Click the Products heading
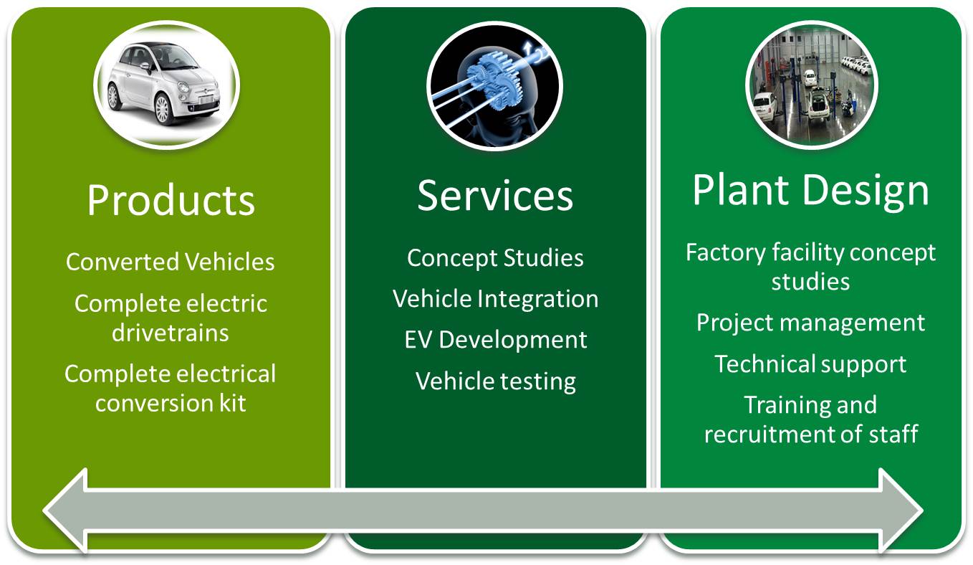pyautogui.click(x=171, y=200)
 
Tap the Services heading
pyautogui.click(x=495, y=196)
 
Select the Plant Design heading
pyautogui.click(x=810, y=191)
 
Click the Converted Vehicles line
pyautogui.click(x=171, y=262)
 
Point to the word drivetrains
pyautogui.click(x=171, y=333)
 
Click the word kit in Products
pyautogui.click(x=233, y=404)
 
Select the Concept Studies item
pyautogui.click(x=495, y=258)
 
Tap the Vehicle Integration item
pyautogui.click(x=495, y=300)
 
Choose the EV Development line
pyautogui.click(x=496, y=340)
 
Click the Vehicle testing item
pyautogui.click(x=496, y=381)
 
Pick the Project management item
pyautogui.click(x=810, y=323)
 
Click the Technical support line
pyautogui.click(x=810, y=364)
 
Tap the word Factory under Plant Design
pyautogui.click(x=726, y=253)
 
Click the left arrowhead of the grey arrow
pyautogui.click(x=65, y=511)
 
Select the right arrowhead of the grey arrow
pyautogui.click(x=901, y=511)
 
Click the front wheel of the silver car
pyautogui.click(x=162, y=109)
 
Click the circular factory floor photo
pyautogui.click(x=811, y=85)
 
